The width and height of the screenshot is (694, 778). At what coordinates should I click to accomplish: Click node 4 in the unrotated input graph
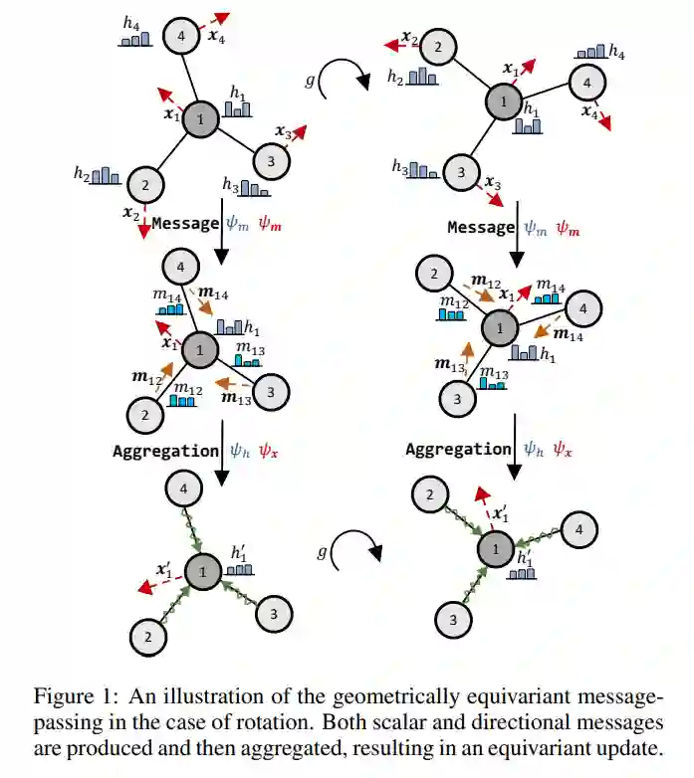(181, 38)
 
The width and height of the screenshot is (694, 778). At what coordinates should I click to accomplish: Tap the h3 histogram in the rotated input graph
(425, 170)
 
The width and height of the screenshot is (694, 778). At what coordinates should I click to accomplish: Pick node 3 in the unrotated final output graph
(274, 614)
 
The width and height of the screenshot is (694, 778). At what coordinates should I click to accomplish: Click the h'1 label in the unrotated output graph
(240, 553)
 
